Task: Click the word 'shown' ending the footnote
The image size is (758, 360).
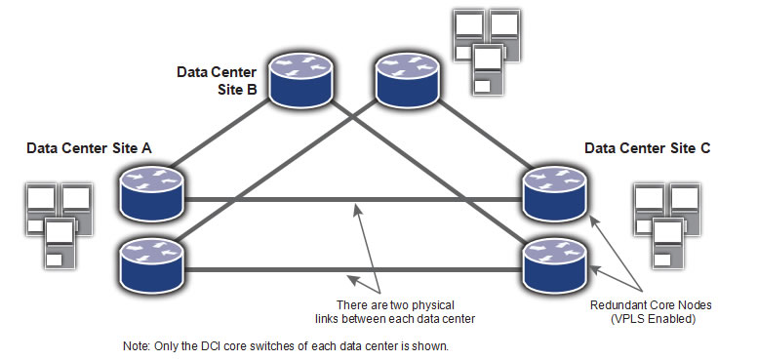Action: coord(427,346)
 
